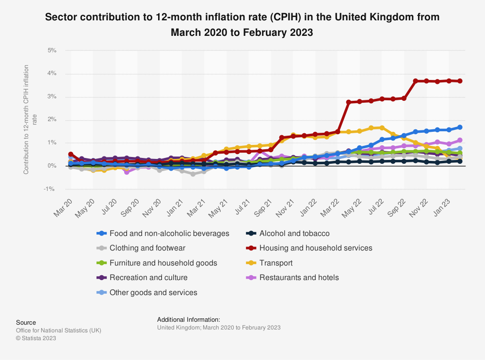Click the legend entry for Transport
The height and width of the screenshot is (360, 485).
[276, 263]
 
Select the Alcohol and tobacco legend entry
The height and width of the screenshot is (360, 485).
[294, 233]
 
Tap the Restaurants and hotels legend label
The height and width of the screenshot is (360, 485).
[299, 278]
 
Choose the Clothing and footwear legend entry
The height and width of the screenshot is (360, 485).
[147, 248]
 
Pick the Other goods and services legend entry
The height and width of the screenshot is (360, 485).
[153, 293]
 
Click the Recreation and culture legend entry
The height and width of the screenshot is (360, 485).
[148, 278]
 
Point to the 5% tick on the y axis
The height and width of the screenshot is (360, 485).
[52, 50]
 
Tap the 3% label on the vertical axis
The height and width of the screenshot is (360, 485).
[52, 97]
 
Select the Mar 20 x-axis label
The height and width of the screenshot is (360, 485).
[63, 206]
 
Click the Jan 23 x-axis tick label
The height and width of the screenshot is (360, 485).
[443, 206]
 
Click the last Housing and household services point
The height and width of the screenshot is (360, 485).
[460, 81]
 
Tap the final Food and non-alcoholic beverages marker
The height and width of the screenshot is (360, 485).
[460, 127]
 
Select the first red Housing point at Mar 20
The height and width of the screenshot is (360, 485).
[71, 154]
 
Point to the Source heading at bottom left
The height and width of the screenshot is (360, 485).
[26, 322]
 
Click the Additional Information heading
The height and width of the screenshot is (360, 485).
[189, 319]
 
